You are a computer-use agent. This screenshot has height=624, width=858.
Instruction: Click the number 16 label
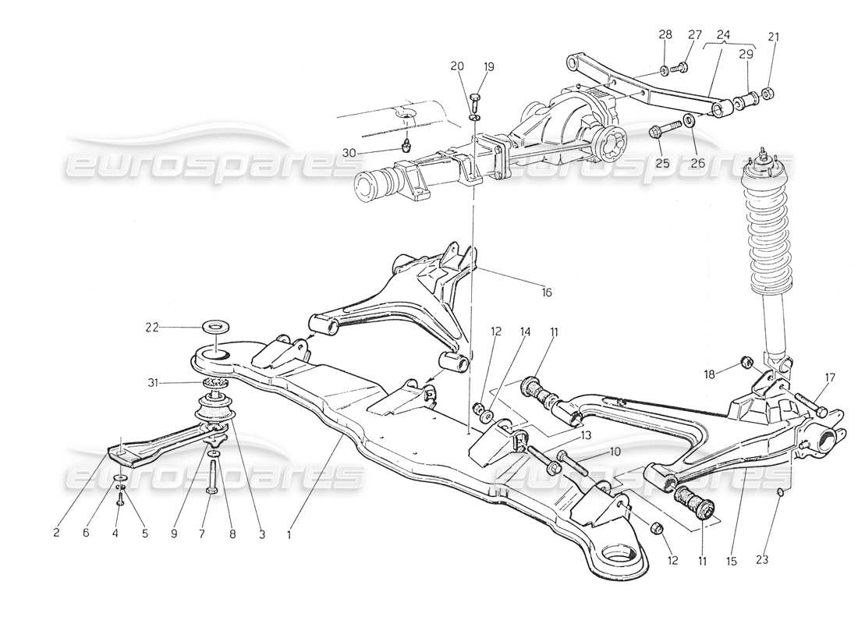click(546, 292)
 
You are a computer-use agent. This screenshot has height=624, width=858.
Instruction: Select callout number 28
click(665, 34)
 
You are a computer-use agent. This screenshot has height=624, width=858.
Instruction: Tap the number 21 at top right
click(773, 36)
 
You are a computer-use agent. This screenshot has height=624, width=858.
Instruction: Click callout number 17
click(830, 378)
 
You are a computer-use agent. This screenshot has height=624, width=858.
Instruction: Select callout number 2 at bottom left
click(56, 534)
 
